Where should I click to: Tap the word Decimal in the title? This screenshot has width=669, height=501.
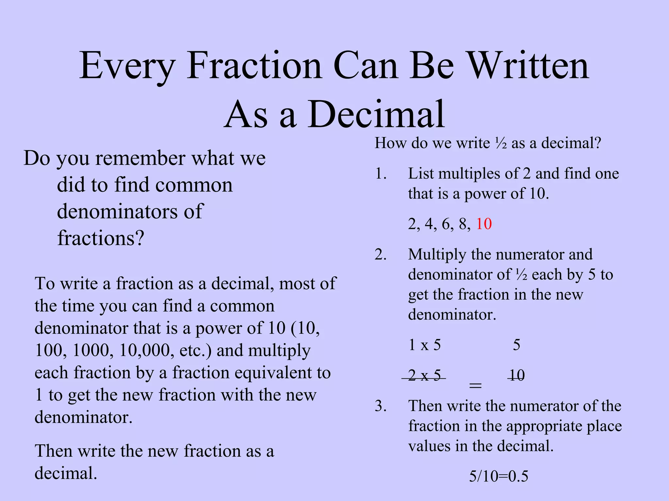pyautogui.click(x=376, y=114)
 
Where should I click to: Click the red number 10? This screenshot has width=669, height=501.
pyautogui.click(x=484, y=224)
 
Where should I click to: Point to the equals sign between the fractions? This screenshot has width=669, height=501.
pyautogui.click(x=475, y=386)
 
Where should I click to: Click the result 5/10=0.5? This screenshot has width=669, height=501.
pyautogui.click(x=498, y=477)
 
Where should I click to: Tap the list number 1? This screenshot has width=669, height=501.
pyautogui.click(x=380, y=174)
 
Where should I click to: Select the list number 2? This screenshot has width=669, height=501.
pyautogui.click(x=380, y=255)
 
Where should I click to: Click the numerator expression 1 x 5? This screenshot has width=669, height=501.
pyautogui.click(x=424, y=345)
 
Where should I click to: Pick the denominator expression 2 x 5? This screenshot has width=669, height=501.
pyautogui.click(x=424, y=375)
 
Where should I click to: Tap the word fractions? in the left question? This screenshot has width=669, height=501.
pyautogui.click(x=101, y=238)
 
